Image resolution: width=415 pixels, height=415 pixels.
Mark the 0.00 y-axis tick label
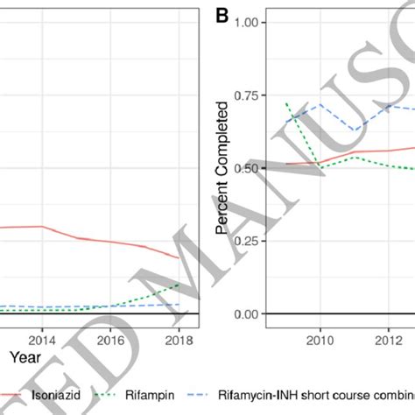[x=249, y=313]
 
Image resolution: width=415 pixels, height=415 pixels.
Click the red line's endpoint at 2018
[x=179, y=258]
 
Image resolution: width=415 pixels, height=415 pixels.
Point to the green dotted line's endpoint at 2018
[x=179, y=284]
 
